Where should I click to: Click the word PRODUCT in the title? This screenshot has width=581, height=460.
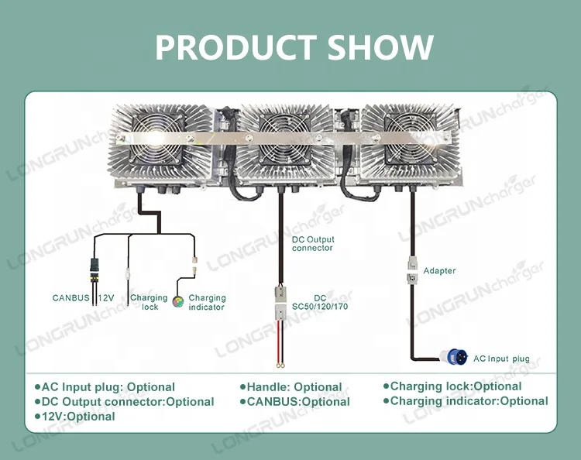click(x=235, y=47)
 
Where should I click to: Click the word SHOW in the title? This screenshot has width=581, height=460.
click(x=380, y=47)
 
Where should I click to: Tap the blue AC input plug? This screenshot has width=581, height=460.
click(x=454, y=357)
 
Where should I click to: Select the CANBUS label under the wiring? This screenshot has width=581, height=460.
click(x=70, y=298)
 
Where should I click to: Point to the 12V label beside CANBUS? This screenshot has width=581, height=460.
click(x=106, y=298)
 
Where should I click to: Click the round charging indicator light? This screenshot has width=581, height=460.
click(x=178, y=301)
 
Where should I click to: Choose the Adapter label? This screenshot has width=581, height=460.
click(x=439, y=271)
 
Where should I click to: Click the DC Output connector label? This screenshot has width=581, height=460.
click(x=313, y=244)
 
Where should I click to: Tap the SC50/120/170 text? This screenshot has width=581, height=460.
click(x=320, y=307)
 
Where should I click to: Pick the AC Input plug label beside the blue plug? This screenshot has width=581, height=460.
click(x=501, y=359)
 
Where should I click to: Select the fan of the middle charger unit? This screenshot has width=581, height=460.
click(x=284, y=139)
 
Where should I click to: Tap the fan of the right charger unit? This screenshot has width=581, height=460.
click(x=411, y=139)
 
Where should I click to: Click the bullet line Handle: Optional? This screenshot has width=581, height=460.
click(x=290, y=387)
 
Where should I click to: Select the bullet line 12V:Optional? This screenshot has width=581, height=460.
click(x=75, y=417)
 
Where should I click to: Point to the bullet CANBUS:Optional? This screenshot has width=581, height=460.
click(x=295, y=402)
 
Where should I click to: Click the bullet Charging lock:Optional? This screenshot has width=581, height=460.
click(x=452, y=386)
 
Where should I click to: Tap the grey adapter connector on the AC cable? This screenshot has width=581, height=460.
click(x=412, y=270)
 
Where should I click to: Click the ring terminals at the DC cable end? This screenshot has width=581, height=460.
click(x=280, y=366)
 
